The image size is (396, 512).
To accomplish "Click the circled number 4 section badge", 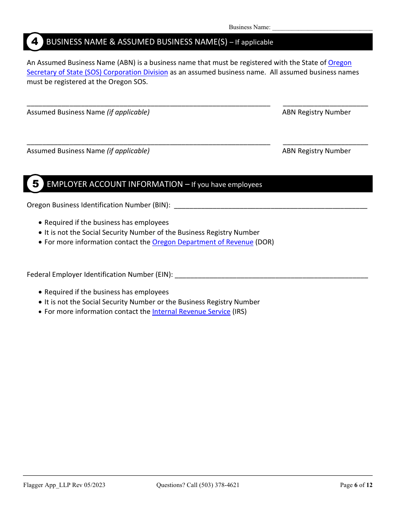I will point(35,42).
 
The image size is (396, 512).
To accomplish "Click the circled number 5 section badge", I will point(35,184).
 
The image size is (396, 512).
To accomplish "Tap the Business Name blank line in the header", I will point(322,28).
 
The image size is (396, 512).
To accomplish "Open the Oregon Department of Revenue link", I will point(203,242).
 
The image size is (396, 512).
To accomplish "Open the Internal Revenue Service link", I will point(191,312).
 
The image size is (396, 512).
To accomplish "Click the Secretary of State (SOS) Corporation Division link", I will point(97,72).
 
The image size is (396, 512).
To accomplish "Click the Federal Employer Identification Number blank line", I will point(271,275).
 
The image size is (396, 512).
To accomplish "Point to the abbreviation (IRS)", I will point(240,312).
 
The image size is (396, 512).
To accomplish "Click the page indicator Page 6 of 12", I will point(356,485).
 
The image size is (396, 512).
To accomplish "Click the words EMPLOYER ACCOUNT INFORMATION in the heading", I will point(115,184).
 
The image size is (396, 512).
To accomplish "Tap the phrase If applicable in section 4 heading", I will point(254,42).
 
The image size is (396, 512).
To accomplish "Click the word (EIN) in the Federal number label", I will point(164,275).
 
